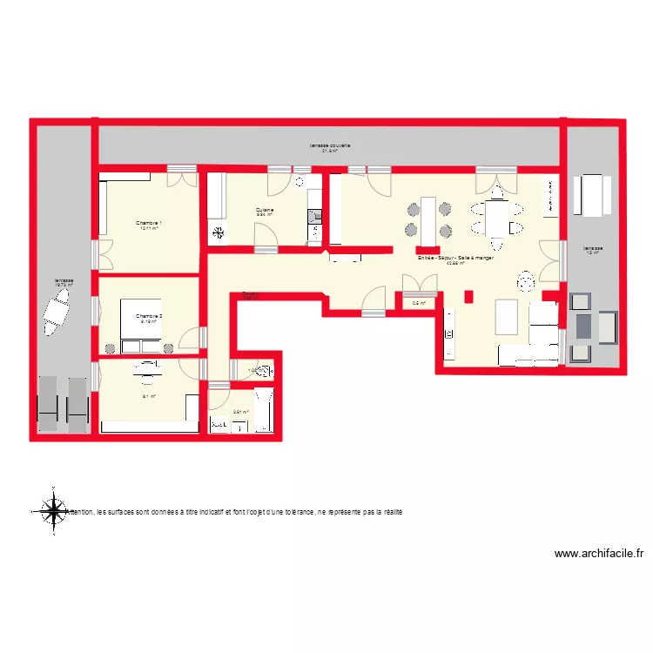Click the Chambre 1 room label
click(x=149, y=224)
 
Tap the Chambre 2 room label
click(x=149, y=315)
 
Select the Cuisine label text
click(x=265, y=209)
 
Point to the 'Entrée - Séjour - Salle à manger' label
click(x=455, y=259)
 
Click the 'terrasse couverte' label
click(x=330, y=145)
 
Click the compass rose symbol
click(x=54, y=509)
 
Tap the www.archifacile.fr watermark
click(x=599, y=553)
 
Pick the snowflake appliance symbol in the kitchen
click(x=218, y=232)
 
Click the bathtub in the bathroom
click(x=267, y=411)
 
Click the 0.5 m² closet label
click(x=417, y=303)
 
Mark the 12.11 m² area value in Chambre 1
click(x=149, y=230)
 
